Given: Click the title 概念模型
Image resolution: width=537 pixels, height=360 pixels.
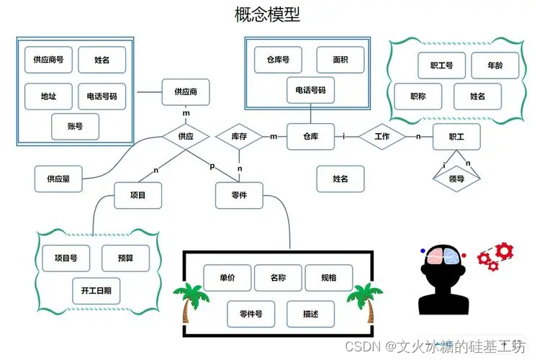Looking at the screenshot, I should pyautogui.click(x=268, y=14).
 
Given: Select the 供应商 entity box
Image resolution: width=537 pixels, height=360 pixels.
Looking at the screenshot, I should pyautogui.click(x=186, y=92).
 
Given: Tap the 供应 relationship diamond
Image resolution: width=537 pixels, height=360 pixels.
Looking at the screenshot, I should pyautogui.click(x=186, y=135).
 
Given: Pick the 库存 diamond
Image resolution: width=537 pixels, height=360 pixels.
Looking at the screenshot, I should pyautogui.click(x=240, y=135).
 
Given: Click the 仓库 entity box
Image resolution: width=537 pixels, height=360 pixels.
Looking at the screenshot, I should pyautogui.click(x=311, y=136).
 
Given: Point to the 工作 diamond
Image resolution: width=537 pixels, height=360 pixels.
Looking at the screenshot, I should pyautogui.click(x=382, y=136).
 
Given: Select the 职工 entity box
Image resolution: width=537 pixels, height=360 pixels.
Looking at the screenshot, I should pyautogui.click(x=456, y=136).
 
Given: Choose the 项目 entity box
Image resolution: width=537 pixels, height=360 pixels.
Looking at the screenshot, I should pyautogui.click(x=137, y=195).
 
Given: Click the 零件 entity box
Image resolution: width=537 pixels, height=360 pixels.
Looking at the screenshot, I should pyautogui.click(x=240, y=195).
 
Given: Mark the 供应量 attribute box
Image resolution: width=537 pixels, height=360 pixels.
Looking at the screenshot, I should pyautogui.click(x=58, y=179).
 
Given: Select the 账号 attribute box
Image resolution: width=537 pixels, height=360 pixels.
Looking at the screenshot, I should pyautogui.click(x=75, y=127).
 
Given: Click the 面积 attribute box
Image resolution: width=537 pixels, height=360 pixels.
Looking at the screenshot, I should pyautogui.click(x=340, y=60).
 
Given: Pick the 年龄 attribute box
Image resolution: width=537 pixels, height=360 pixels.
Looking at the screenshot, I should pyautogui.click(x=495, y=66).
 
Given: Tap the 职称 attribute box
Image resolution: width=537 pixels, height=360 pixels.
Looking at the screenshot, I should pyautogui.click(x=418, y=96).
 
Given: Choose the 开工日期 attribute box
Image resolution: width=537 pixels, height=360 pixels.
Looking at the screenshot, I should pyautogui.click(x=96, y=290).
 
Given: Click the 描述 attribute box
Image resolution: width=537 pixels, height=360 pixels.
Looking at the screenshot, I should pyautogui.click(x=311, y=314).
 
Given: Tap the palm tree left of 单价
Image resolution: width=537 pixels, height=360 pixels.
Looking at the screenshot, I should pyautogui.click(x=189, y=303).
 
